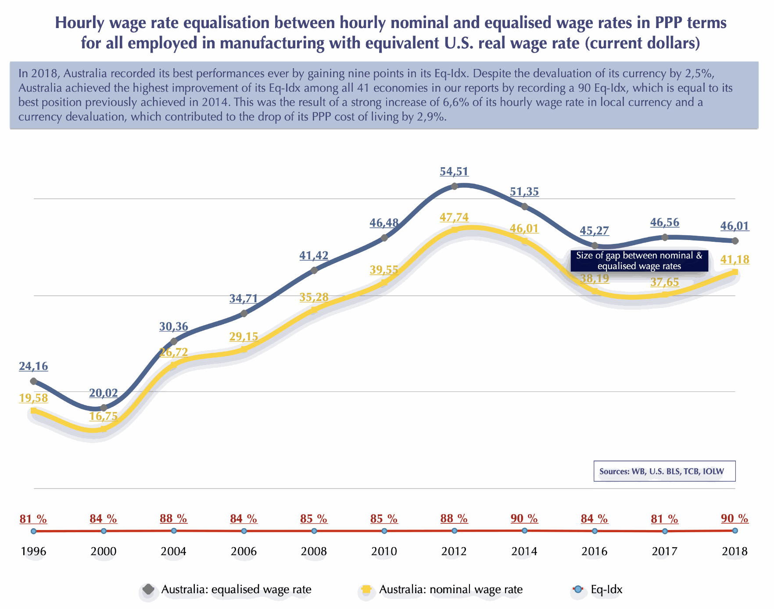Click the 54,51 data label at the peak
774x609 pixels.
pyautogui.click(x=454, y=172)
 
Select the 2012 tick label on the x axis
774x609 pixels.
pyautogui.click(x=454, y=551)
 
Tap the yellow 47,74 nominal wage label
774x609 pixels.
pyautogui.click(x=454, y=218)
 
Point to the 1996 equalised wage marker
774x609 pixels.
pyautogui.click(x=33, y=381)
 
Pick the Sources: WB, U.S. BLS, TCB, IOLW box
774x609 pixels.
pyautogui.click(x=664, y=471)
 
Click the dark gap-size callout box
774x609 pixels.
pyautogui.click(x=639, y=261)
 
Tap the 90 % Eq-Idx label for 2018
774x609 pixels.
pyautogui.click(x=735, y=519)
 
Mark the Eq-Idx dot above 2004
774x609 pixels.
pyautogui.click(x=174, y=531)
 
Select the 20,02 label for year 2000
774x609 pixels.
pyautogui.click(x=104, y=393)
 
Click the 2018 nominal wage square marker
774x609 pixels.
pyautogui.click(x=735, y=272)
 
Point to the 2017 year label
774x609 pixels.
pyautogui.click(x=664, y=551)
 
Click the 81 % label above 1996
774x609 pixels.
pyautogui.click(x=33, y=519)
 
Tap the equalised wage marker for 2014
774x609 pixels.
pyautogui.click(x=524, y=206)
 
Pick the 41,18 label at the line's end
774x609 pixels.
pyautogui.click(x=735, y=260)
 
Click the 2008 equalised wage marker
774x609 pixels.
pyautogui.click(x=314, y=270)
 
